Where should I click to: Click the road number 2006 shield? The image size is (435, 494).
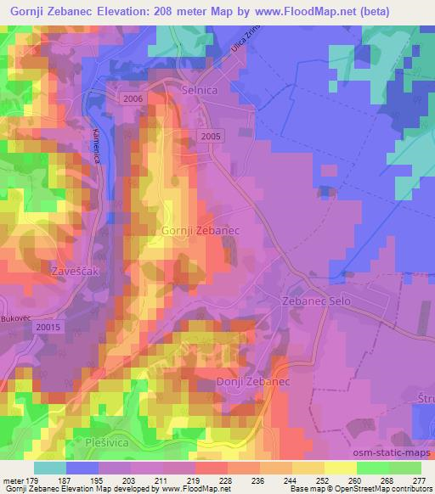pos(133,99)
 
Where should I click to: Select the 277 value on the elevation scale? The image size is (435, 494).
pos(419,480)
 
